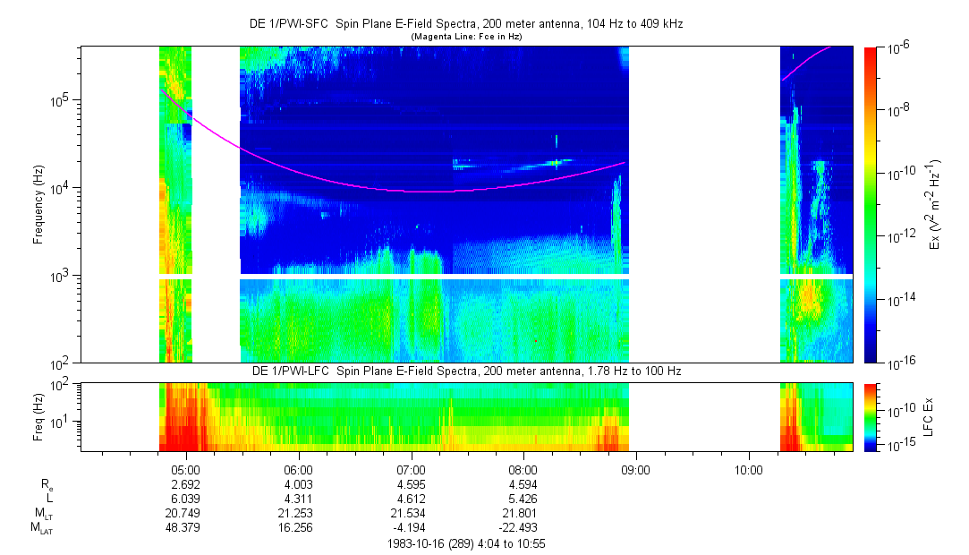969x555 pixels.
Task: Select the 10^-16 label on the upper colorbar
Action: coord(897,363)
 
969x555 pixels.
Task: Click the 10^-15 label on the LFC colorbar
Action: coord(898,444)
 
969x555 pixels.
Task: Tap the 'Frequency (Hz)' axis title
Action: coord(38,205)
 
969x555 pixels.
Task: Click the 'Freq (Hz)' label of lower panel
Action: coord(38,416)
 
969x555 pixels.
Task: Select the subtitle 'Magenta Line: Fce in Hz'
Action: coord(465,37)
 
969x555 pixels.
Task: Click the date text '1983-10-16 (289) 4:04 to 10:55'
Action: coord(465,543)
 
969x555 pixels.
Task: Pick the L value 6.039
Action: coord(185,499)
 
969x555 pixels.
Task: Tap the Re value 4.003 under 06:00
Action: coord(298,484)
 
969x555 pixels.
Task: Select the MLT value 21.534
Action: coord(411,513)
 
